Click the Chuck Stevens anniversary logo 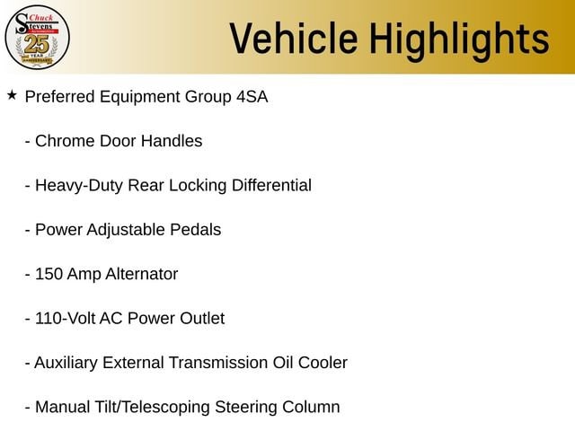coord(37,38)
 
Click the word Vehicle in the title coord(294,38)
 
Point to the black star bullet coord(12,95)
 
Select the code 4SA coord(252,97)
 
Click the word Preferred coord(60,97)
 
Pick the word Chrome coord(65,141)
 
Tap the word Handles coord(172,141)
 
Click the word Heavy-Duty coord(79,186)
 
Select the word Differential coord(271,185)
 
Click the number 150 coord(49,274)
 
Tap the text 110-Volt coord(65,318)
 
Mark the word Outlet coord(202,318)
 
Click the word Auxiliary coord(66,363)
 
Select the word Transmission coord(218,363)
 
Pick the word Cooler coord(323,363)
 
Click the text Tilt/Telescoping coord(152,408)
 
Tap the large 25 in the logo coord(37,44)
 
